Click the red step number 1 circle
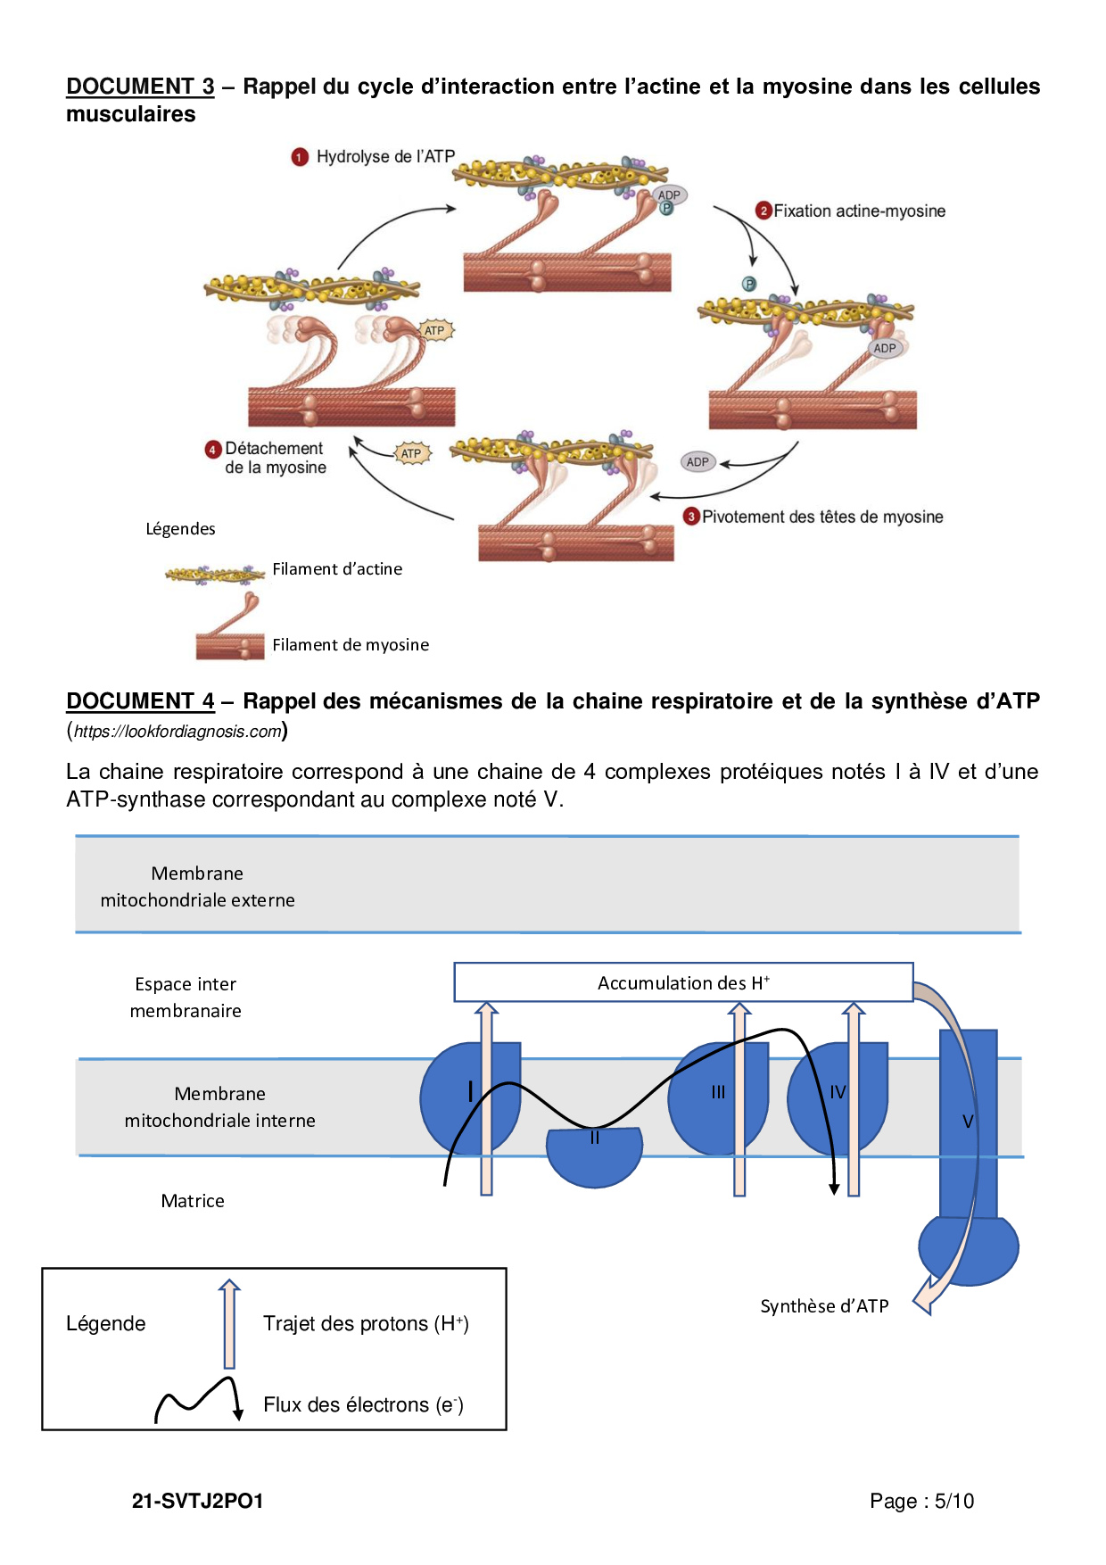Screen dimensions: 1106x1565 click(300, 157)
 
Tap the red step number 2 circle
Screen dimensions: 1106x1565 click(763, 211)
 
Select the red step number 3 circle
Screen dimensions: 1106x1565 click(691, 517)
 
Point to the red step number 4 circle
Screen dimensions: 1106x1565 click(213, 450)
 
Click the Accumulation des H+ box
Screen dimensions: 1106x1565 click(683, 982)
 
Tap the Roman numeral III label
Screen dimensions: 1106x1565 click(718, 1092)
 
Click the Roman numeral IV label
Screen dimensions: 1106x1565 click(838, 1092)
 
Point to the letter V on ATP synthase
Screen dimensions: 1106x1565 click(968, 1122)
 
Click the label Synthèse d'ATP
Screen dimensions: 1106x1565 click(824, 1306)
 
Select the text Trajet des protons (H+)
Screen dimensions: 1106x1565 click(366, 1324)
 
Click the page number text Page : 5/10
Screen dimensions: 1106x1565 click(921, 1502)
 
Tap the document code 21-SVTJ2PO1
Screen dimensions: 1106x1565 click(198, 1502)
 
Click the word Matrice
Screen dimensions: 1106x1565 click(193, 1201)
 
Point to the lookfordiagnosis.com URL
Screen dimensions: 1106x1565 click(177, 732)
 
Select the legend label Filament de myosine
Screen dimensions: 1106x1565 click(351, 645)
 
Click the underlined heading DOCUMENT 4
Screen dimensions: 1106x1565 click(140, 701)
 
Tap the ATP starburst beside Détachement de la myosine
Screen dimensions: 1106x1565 click(411, 453)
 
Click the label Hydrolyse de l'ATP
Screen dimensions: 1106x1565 click(385, 157)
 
